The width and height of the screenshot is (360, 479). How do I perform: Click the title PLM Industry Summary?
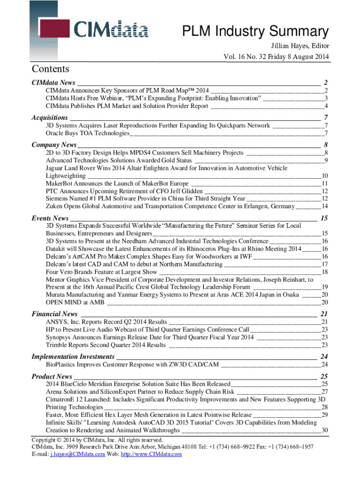point(255,32)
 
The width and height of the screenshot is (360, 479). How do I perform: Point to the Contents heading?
point(50,69)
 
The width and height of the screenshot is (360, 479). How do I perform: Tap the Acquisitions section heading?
point(50,117)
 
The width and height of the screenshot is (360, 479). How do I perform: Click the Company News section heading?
point(54,145)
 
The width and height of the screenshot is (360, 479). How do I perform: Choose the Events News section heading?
point(50,218)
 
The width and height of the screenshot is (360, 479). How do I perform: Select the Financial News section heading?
point(54,313)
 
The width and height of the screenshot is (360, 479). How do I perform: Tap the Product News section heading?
point(51,376)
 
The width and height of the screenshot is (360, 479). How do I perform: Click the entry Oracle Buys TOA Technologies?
point(87,133)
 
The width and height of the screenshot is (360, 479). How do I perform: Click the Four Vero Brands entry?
point(101,272)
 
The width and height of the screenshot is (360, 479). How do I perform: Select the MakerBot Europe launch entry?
point(117,183)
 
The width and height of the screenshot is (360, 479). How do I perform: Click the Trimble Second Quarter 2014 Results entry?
point(106,345)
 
